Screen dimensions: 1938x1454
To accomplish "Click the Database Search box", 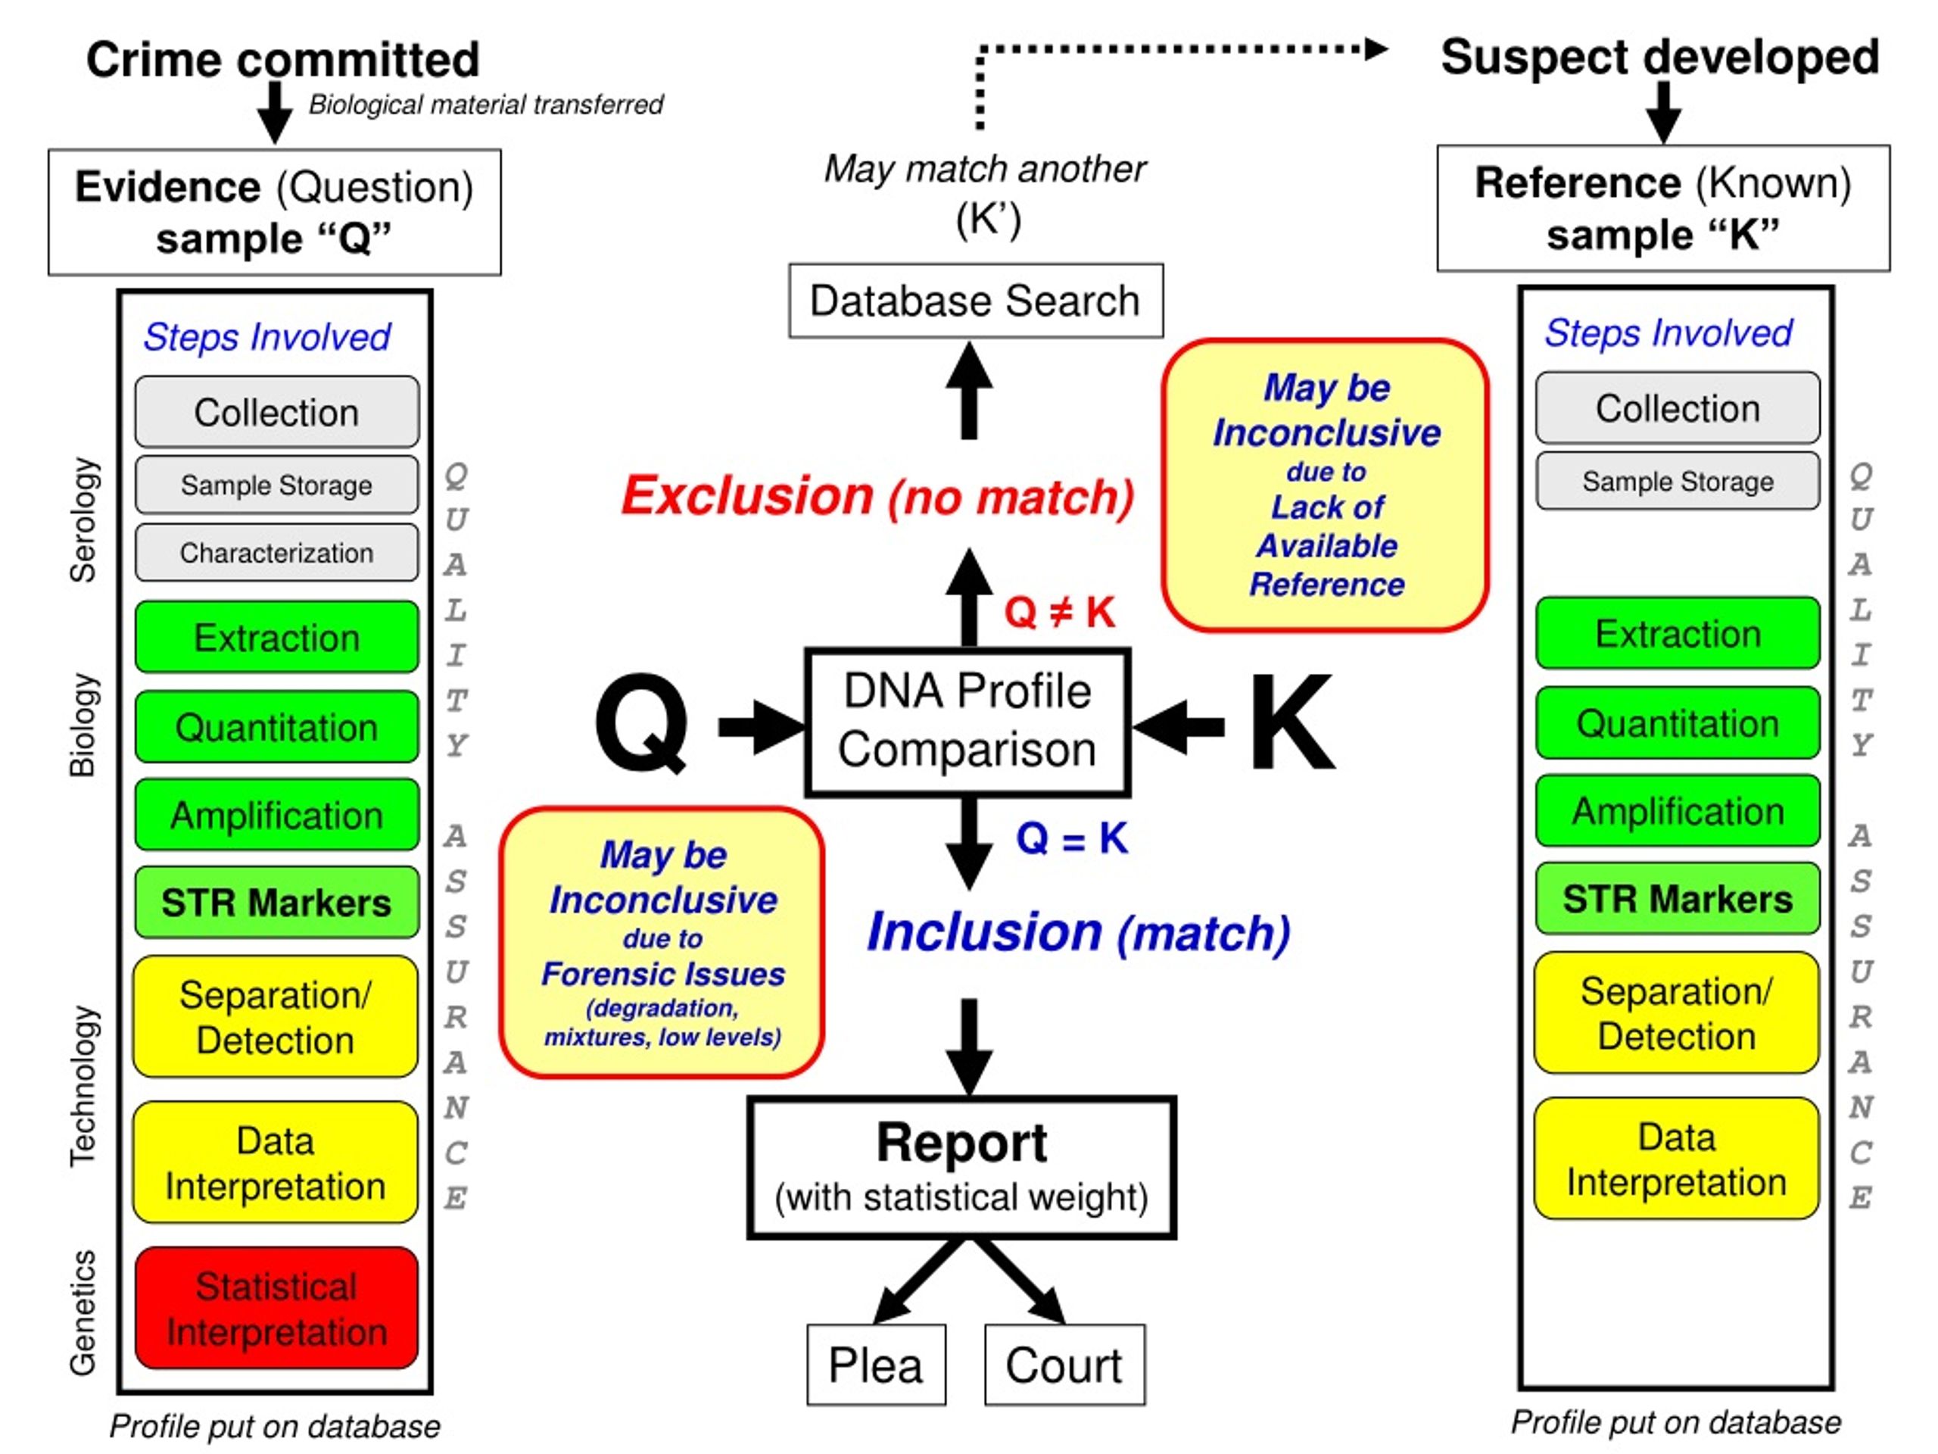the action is tap(976, 301).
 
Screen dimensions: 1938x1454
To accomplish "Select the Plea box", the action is tap(876, 1365).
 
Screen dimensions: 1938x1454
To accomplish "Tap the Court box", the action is tap(1064, 1365).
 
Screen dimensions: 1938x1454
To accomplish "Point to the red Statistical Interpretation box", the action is tap(277, 1308).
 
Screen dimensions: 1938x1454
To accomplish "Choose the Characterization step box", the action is tap(277, 553).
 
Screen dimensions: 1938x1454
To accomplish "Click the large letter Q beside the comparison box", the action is tap(641, 724).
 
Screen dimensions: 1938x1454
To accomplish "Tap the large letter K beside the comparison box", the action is tap(1292, 721).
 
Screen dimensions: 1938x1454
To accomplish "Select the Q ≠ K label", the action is tap(1060, 611).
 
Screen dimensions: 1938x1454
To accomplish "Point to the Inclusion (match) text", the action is tap(1079, 931).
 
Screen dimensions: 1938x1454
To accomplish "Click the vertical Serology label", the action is tap(83, 520).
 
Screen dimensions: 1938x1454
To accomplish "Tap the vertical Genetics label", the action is tap(83, 1312).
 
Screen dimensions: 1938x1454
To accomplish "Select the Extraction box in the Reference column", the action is tap(1678, 633).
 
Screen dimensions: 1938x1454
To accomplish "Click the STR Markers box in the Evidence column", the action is tap(277, 902).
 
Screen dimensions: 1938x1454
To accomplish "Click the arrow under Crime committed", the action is tap(275, 112).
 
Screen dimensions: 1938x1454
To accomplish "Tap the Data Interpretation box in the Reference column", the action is tap(1677, 1159).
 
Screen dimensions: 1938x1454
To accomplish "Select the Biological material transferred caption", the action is tap(486, 105).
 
